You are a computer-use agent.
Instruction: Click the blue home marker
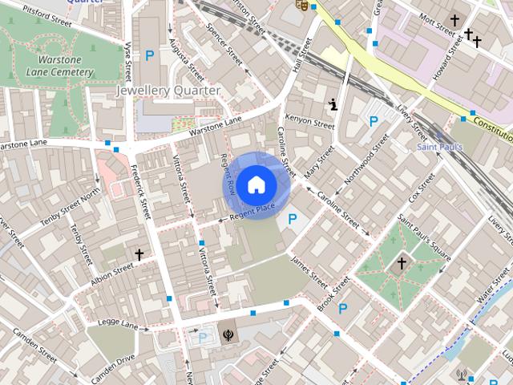tap(255, 184)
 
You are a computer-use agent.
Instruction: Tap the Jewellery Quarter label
tap(168, 91)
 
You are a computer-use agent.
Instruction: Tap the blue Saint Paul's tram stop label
tap(438, 147)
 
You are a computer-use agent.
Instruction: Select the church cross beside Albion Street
tap(139, 254)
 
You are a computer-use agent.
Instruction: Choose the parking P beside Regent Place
tap(293, 218)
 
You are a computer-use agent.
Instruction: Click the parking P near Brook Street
tap(343, 309)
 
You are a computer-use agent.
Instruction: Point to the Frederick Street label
tap(140, 192)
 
